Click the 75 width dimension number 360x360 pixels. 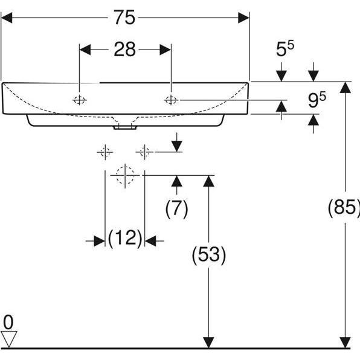pos(125,18)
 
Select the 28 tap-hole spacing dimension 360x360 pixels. pos(125,50)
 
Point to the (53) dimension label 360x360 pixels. pos(208,256)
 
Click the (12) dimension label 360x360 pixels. pos(125,239)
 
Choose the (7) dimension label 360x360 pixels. pos(176,208)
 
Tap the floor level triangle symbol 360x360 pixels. pos(8,338)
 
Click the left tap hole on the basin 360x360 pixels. pos(79,100)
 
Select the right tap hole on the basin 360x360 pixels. pos(171,100)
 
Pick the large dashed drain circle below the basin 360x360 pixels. pos(124,175)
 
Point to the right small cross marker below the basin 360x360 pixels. pos(144,152)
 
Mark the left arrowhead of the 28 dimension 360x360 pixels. pos(85,50)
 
